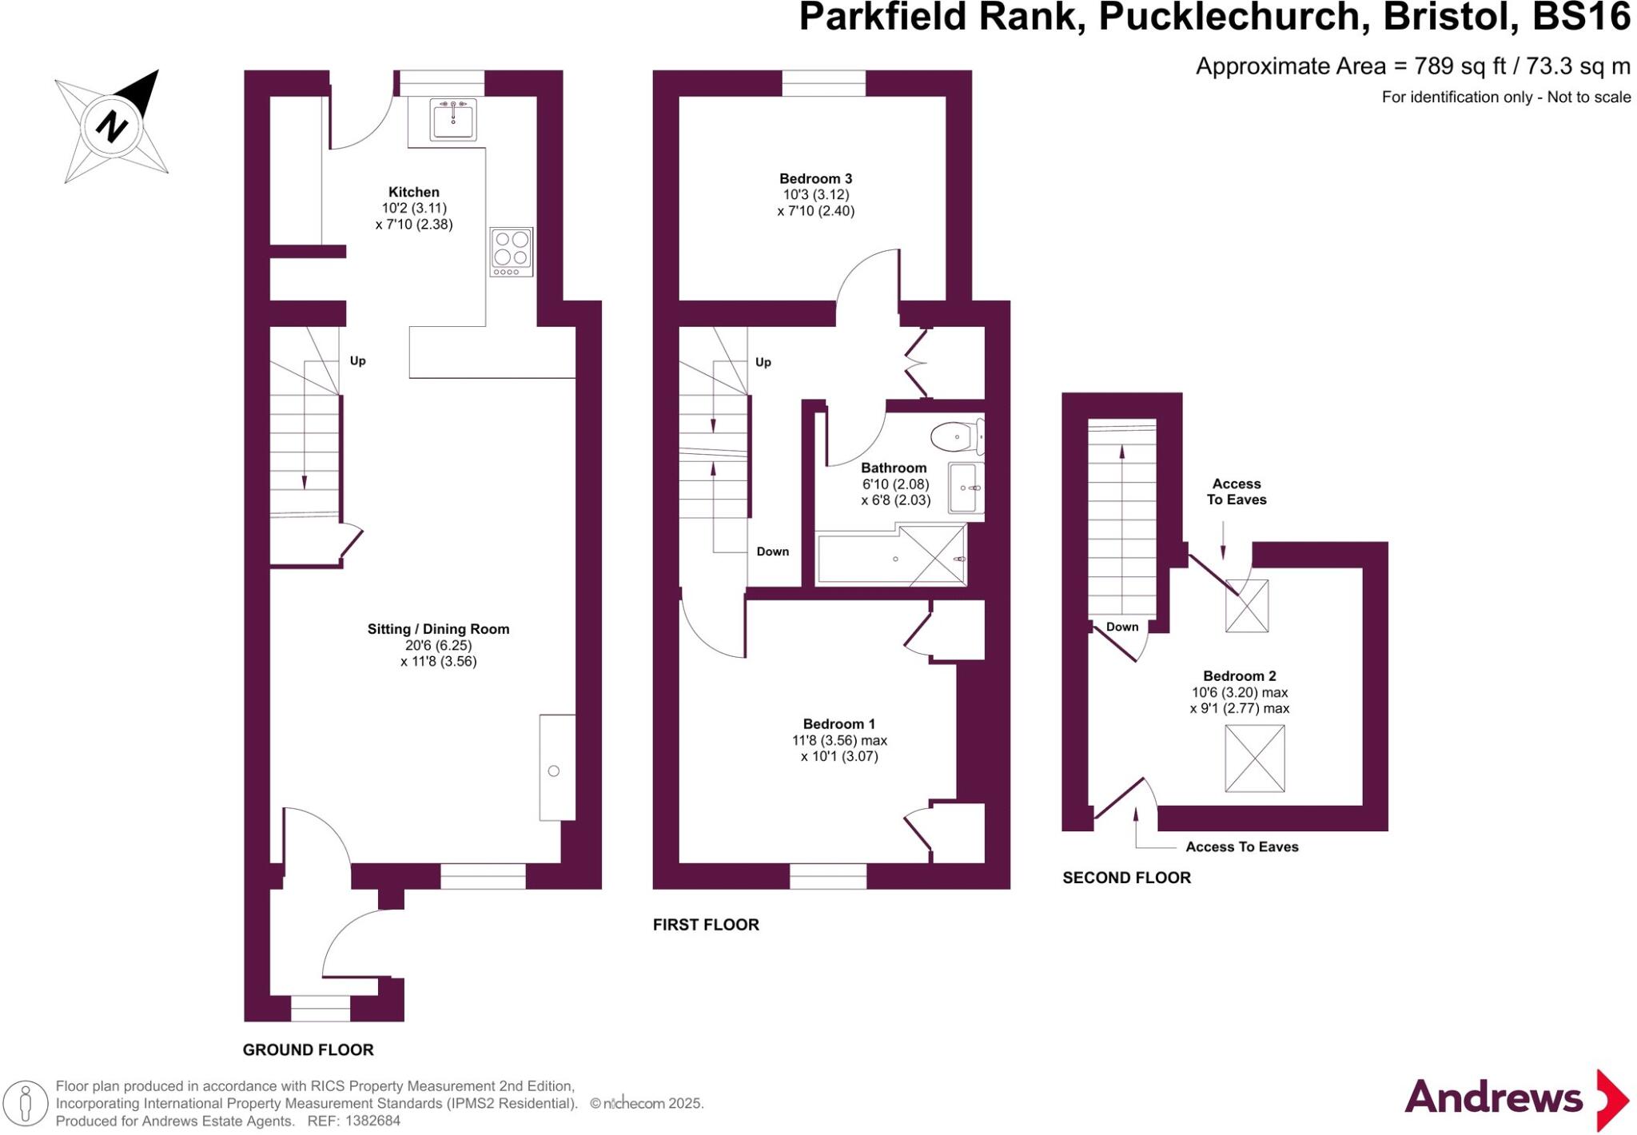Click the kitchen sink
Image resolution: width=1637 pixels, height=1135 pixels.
[x=452, y=120]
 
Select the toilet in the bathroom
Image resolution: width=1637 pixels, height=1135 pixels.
[x=954, y=437]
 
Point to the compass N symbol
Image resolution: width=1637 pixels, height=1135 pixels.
[x=112, y=126]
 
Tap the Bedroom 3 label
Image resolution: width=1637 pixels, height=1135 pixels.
[x=815, y=178]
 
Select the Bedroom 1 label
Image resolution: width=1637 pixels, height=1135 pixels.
[x=838, y=724]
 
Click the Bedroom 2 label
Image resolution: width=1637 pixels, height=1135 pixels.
[x=1239, y=676]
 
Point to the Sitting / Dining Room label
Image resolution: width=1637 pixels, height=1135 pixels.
[x=438, y=629]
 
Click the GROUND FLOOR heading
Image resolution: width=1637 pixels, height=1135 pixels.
[x=308, y=1049]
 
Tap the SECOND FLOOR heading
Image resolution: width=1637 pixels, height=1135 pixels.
[x=1126, y=878]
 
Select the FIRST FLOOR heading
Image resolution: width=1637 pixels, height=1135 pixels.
[x=706, y=925]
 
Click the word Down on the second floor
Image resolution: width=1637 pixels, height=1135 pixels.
[x=1121, y=627]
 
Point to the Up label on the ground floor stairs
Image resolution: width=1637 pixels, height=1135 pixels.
[x=357, y=360]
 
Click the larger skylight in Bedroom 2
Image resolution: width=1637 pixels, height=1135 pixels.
[x=1254, y=759]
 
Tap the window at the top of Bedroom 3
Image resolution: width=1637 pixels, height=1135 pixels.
[x=823, y=83]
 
